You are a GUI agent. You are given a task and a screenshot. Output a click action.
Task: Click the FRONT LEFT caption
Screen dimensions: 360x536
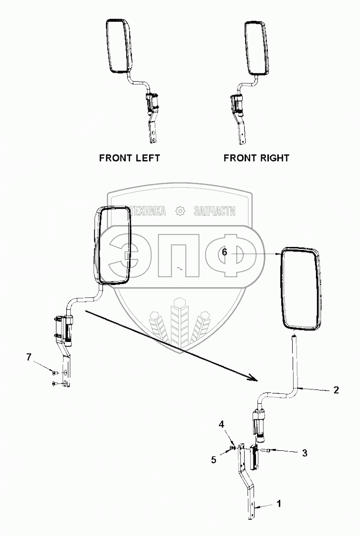[129, 158]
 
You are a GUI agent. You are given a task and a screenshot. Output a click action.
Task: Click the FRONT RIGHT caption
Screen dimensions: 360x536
[256, 158]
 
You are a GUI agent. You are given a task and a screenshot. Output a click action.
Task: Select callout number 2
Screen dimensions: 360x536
[336, 390]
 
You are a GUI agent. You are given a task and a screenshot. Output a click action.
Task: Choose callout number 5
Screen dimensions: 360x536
[214, 460]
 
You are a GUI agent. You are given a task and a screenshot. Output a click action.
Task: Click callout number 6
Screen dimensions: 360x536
[224, 252]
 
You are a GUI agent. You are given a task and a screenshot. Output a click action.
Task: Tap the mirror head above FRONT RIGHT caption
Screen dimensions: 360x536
[256, 47]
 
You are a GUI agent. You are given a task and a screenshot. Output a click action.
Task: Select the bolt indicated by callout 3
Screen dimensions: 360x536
[268, 451]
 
